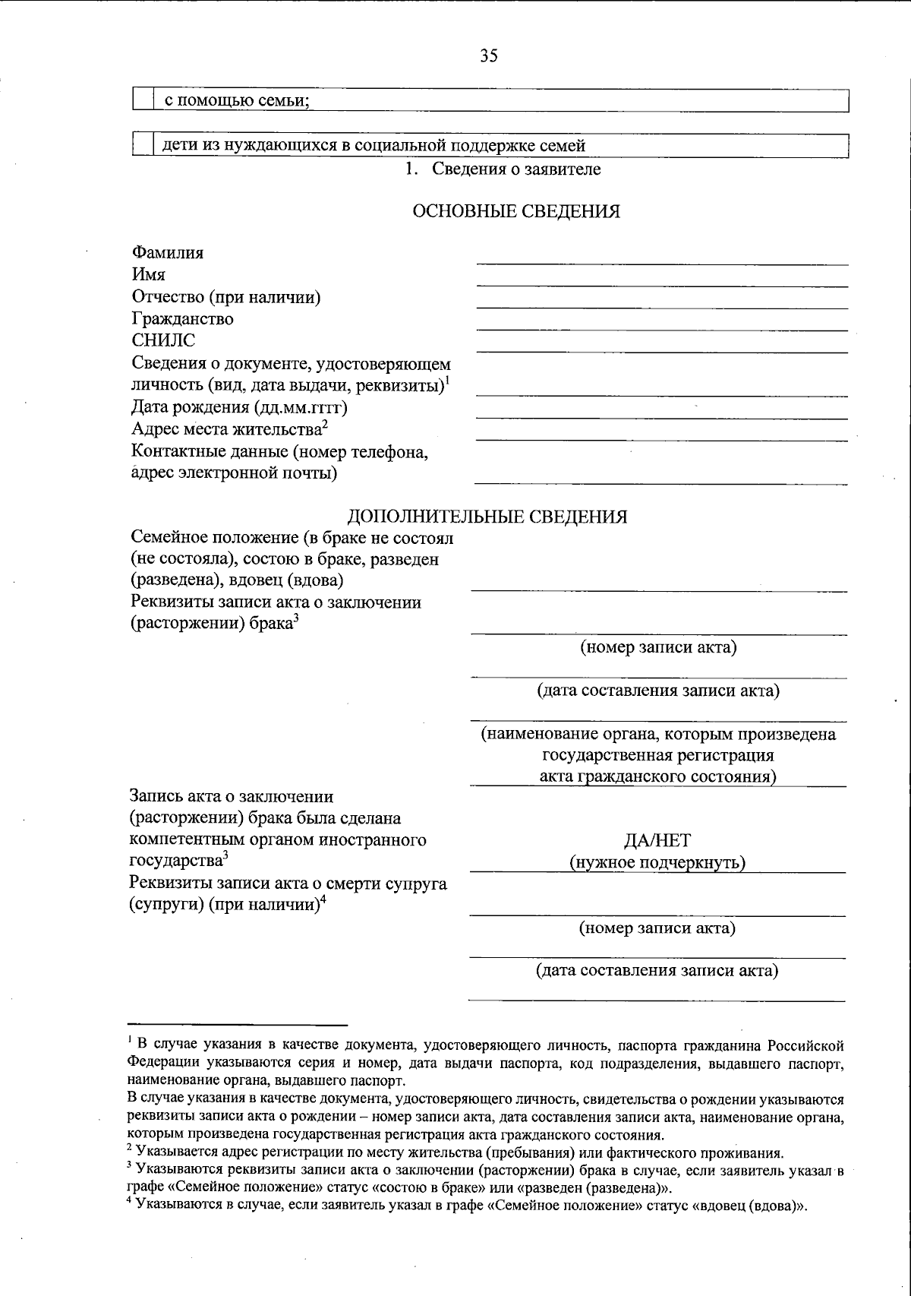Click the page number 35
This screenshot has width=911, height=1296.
[488, 55]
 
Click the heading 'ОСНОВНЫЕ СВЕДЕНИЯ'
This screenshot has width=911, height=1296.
[515, 212]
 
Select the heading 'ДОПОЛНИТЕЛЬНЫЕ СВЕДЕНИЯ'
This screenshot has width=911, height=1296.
[487, 517]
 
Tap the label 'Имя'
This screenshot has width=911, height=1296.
[149, 274]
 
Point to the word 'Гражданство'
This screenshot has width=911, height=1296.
[182, 319]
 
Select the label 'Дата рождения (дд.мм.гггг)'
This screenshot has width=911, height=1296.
[239, 407]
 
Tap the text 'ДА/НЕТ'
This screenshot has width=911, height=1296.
[657, 840]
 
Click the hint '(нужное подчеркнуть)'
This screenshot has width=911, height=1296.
[657, 862]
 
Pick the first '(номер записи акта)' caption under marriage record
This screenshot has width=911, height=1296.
[658, 647]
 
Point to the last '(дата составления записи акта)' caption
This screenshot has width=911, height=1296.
[657, 971]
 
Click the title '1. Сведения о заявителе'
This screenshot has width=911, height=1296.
[503, 169]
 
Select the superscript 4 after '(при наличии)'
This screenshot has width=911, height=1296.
[323, 901]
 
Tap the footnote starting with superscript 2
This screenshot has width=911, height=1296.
[455, 1152]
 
